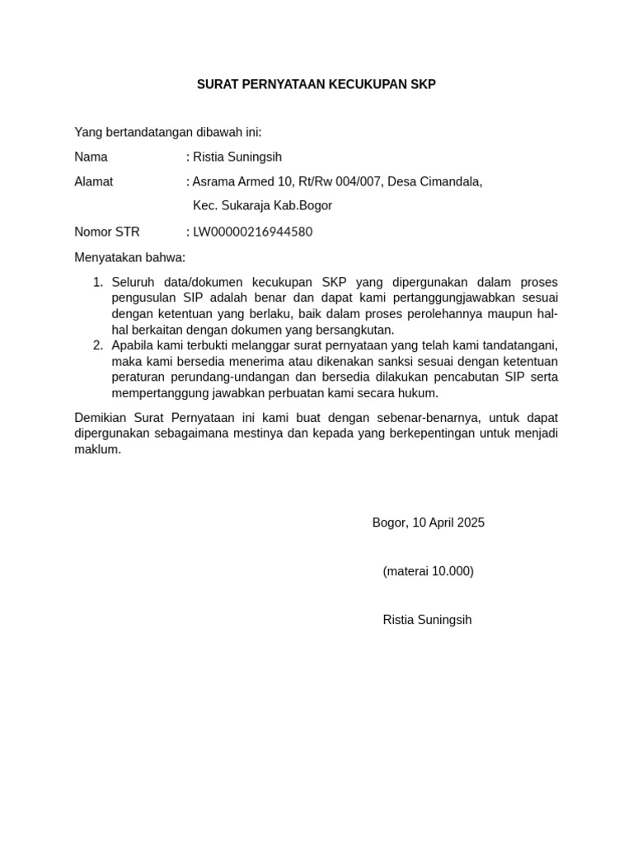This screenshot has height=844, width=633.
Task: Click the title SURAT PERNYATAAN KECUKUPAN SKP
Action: pos(316,84)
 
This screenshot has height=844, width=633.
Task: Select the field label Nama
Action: pos(91,157)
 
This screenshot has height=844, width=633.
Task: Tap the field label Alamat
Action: pos(94,181)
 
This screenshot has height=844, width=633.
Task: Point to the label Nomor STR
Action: pos(107,232)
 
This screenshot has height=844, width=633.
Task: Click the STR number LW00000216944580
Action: pos(252,232)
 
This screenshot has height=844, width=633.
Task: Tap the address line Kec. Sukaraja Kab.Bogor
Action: pos(262,206)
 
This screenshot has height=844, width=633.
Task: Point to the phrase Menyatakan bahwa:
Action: pos(130,257)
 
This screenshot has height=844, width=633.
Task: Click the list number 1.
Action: pos(97,283)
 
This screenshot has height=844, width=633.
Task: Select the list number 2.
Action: pos(97,345)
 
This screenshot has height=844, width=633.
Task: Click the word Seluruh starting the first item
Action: pos(133,283)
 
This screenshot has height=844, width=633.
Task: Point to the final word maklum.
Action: pos(97,449)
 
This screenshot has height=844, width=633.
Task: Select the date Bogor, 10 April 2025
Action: pos(428,523)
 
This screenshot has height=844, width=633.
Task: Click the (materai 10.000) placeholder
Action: pos(428,571)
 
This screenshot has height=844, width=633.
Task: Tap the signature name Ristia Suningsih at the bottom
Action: pos(427,620)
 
